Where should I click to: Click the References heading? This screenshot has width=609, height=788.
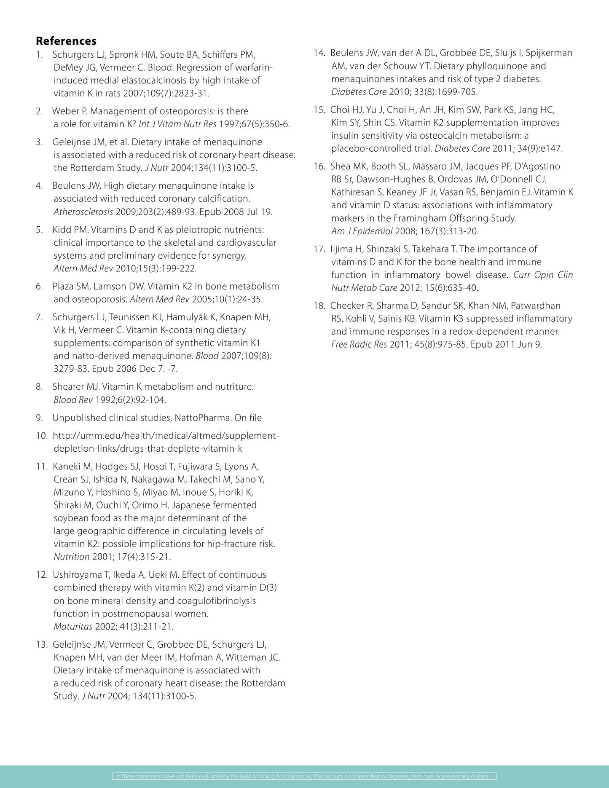click(66, 41)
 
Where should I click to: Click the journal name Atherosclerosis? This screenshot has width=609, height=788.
click(83, 212)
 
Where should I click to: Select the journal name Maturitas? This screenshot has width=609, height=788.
click(73, 627)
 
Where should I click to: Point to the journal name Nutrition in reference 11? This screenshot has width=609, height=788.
click(72, 557)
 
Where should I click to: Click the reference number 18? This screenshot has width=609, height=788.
click(319, 306)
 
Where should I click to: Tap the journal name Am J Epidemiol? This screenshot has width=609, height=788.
click(362, 231)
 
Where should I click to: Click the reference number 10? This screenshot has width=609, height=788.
click(41, 436)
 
